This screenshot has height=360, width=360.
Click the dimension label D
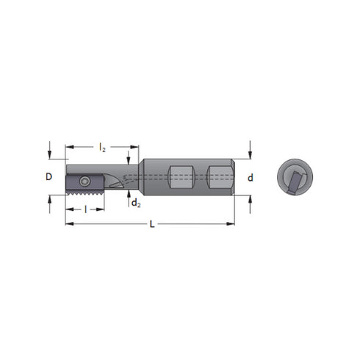(49, 177)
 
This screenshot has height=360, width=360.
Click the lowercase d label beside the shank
(251, 177)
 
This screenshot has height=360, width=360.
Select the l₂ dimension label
(102, 148)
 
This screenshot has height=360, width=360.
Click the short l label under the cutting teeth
(85, 209)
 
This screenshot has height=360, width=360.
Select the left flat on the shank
(180, 177)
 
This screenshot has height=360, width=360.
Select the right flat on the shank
(218, 177)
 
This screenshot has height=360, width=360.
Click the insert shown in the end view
(295, 181)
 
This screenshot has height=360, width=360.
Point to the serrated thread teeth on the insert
(84, 192)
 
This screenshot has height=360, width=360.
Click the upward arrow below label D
(49, 202)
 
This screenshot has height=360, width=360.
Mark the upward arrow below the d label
(250, 202)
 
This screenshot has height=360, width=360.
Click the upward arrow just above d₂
(129, 195)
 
